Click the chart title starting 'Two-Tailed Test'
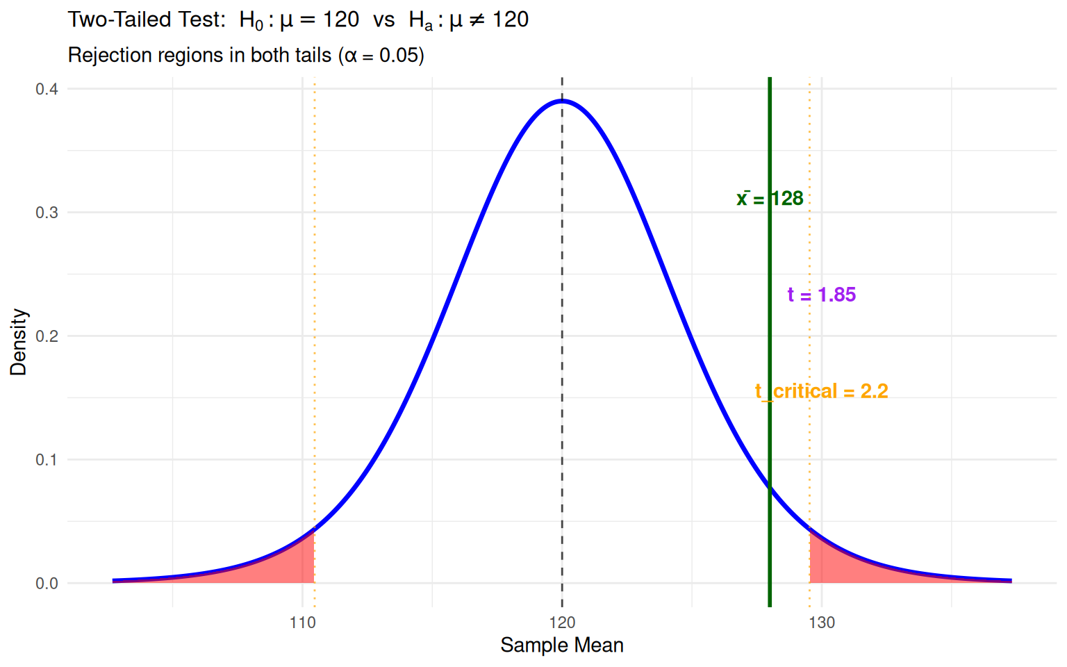click(x=298, y=20)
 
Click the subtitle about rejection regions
click(x=246, y=56)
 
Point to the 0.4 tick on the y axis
click(x=47, y=89)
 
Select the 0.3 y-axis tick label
click(x=47, y=213)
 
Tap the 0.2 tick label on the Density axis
click(x=47, y=336)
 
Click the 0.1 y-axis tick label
click(x=47, y=460)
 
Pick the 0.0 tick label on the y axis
click(x=47, y=584)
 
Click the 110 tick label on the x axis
click(x=302, y=623)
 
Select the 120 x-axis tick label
click(x=562, y=623)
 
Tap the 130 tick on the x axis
click(x=822, y=623)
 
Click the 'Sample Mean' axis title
click(x=562, y=645)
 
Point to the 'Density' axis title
click(x=18, y=343)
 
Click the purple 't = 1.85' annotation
click(x=821, y=295)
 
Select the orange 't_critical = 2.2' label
click(x=821, y=392)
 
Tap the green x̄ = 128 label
click(x=770, y=199)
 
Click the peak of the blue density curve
click(x=562, y=101)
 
